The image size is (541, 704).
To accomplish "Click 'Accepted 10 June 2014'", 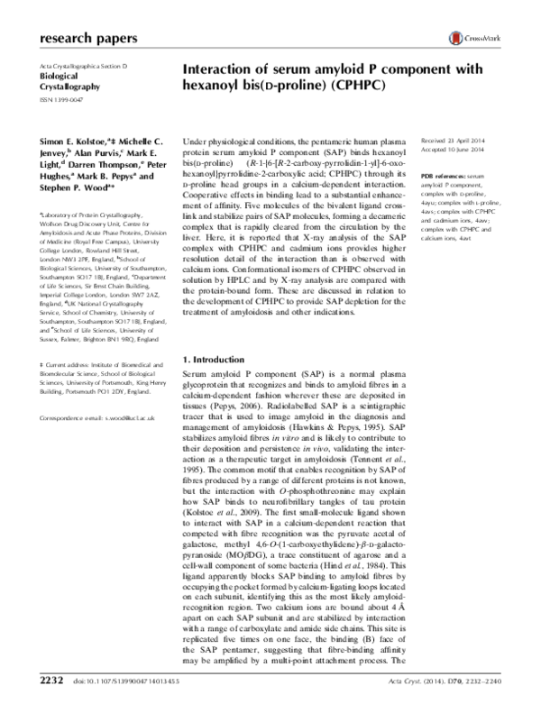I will point(455,152).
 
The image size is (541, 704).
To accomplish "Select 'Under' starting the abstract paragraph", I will point(196,143).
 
